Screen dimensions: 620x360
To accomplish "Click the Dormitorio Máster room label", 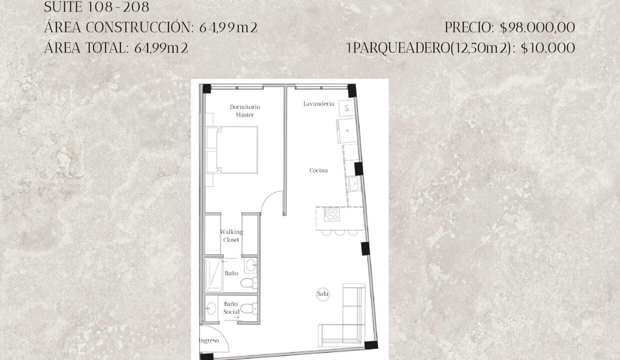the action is [x=245, y=110].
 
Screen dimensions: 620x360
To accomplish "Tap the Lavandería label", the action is [x=318, y=104].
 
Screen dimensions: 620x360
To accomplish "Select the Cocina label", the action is [x=318, y=170].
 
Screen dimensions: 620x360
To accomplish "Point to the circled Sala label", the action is [x=322, y=294].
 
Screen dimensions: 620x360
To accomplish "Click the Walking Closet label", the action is [x=231, y=236].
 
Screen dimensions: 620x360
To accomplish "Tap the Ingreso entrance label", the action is [x=209, y=340].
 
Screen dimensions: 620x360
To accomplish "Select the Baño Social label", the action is [x=231, y=307].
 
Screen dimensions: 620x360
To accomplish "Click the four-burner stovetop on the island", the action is [x=331, y=214].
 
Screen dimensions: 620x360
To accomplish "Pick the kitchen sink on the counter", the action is [x=354, y=183].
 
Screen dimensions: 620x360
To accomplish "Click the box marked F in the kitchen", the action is [x=347, y=131].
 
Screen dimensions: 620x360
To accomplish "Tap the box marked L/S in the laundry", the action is [x=347, y=108].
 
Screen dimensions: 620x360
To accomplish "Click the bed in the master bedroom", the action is [x=232, y=150].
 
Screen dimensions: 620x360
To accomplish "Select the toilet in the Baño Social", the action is [x=249, y=308].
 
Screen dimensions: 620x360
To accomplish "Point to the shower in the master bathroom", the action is [x=214, y=275].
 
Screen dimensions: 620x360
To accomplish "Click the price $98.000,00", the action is [x=537, y=27].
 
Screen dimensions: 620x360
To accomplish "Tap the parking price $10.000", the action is [x=548, y=48].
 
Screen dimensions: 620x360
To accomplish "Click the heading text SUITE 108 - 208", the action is [x=96, y=7].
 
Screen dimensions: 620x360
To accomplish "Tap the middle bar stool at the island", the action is [x=339, y=232].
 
